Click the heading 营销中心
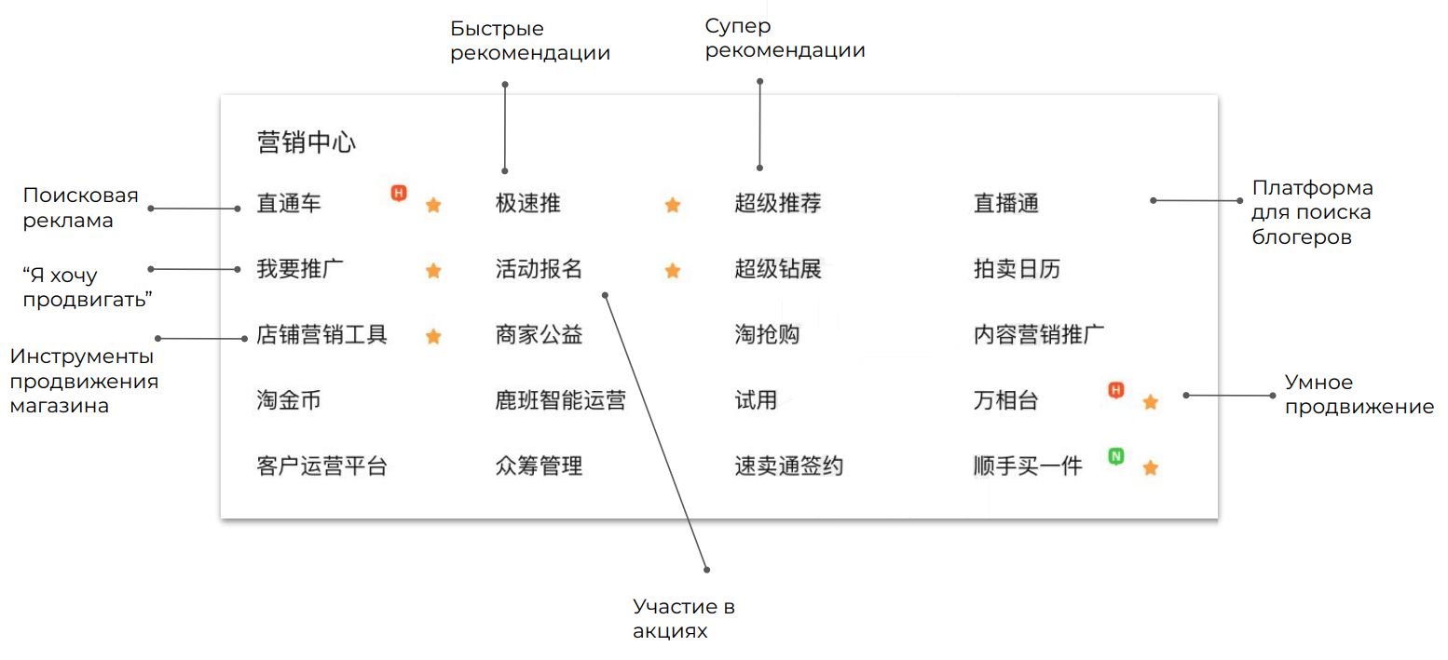[x=307, y=143]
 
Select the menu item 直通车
[x=289, y=203]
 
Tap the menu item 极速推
[x=528, y=203]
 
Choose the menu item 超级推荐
[x=778, y=203]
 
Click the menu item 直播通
[x=1006, y=203]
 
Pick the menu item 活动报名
[x=540, y=270]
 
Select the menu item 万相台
[x=1006, y=401]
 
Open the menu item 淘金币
[x=289, y=401]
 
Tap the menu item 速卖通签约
[x=789, y=466]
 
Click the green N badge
[x=1115, y=456]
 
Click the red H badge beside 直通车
[x=399, y=194]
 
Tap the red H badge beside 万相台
[x=1115, y=390]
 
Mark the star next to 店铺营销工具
[x=433, y=336]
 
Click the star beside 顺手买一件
[x=1151, y=467]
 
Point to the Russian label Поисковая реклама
[x=80, y=208]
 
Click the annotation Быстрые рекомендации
[x=530, y=42]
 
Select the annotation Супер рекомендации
[x=785, y=38]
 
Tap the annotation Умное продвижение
[x=1359, y=395]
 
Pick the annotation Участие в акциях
[x=684, y=619]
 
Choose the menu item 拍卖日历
[x=1018, y=270]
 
